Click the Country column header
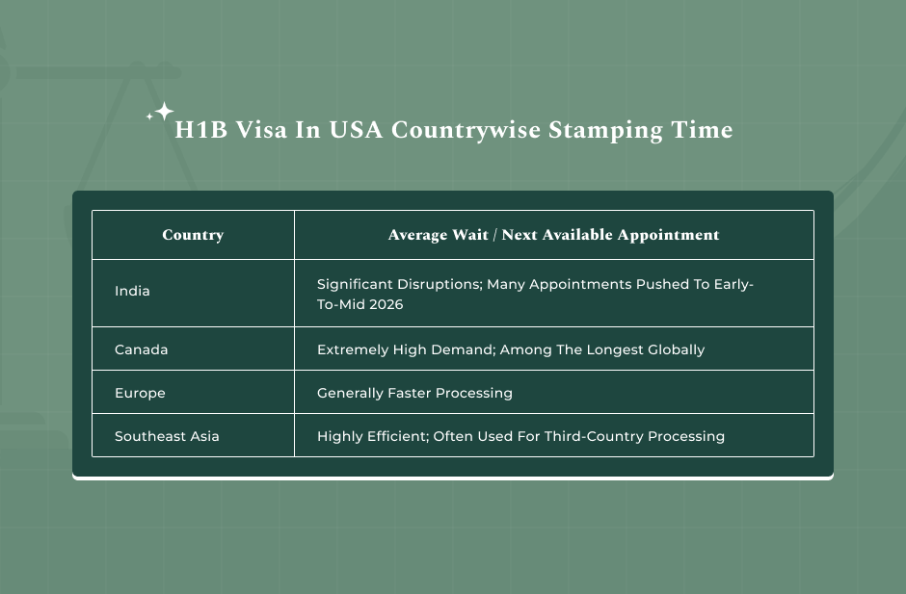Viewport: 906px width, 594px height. (x=193, y=235)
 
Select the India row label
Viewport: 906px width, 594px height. (x=132, y=291)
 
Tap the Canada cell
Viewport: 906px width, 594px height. (x=141, y=349)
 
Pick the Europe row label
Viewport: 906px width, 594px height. (x=140, y=393)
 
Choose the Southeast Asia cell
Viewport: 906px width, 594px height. (x=167, y=436)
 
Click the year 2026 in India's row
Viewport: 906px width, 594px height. (x=386, y=305)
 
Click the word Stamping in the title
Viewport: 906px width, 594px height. (x=605, y=131)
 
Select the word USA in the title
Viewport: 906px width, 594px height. (x=356, y=130)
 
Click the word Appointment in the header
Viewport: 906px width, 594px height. (x=669, y=235)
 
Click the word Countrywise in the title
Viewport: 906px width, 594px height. (x=466, y=131)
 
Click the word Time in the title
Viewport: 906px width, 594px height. (x=702, y=130)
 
